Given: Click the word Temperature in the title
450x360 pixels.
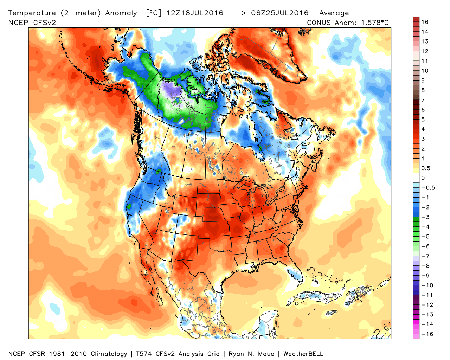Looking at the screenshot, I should [x=32, y=13].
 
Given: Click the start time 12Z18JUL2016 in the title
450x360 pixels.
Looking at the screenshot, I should [x=194, y=13].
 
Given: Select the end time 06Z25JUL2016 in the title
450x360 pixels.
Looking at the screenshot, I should [x=279, y=13].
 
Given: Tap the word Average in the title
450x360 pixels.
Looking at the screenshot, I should [x=334, y=13].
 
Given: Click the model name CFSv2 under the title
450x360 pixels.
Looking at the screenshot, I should [x=44, y=22].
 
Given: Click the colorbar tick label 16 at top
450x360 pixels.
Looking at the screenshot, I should [x=425, y=22].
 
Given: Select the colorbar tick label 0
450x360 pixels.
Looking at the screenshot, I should [x=423, y=178].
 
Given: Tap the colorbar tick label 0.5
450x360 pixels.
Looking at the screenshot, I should [x=425, y=168].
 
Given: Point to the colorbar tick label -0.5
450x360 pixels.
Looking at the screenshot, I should [x=428, y=188].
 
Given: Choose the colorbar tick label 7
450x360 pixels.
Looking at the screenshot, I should [x=423, y=100].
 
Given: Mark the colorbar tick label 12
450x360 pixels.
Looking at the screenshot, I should [x=425, y=51].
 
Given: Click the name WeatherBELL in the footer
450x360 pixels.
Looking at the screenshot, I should [x=303, y=354].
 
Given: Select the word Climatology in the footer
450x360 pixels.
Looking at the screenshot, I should [x=109, y=354].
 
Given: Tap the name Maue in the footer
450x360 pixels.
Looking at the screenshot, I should [x=266, y=354].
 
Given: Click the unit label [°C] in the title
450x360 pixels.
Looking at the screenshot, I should [x=154, y=13].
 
